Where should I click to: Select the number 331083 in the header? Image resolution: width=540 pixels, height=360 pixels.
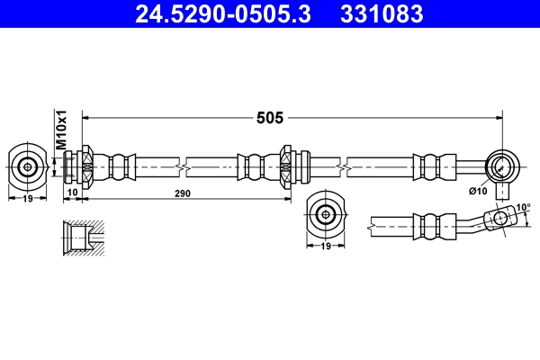click(380, 13)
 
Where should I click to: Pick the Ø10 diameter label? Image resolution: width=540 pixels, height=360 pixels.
click(477, 190)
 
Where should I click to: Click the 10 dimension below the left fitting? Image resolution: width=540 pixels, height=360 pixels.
click(72, 193)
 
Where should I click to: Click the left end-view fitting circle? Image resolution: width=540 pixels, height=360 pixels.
click(28, 166)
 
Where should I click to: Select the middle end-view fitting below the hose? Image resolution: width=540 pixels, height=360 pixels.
click(324, 213)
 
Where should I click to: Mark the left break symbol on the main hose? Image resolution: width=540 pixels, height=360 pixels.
click(185, 166)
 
